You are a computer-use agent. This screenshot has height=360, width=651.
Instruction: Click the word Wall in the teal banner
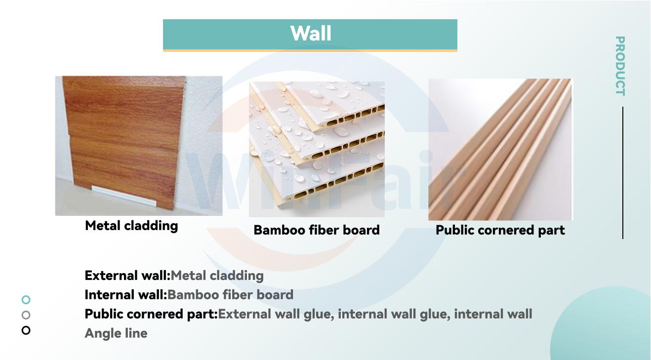point(311,34)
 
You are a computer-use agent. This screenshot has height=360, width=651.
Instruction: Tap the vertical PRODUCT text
point(620,66)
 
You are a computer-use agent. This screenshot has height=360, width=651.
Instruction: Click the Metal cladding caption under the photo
point(131,226)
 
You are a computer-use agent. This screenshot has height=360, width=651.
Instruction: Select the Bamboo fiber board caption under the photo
point(317,230)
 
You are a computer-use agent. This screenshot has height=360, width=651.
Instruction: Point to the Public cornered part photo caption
point(500,230)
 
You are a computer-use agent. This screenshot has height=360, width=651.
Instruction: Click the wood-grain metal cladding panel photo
point(139,146)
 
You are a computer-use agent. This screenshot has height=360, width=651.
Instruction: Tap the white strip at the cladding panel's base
point(124,196)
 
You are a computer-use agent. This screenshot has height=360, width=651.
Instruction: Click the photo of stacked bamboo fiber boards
point(317,149)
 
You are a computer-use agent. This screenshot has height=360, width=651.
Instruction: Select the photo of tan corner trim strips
point(500,149)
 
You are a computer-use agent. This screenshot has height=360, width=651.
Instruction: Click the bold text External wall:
point(127,276)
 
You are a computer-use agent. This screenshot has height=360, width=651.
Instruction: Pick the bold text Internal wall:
point(126,295)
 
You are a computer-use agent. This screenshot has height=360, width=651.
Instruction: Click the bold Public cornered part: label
point(151,314)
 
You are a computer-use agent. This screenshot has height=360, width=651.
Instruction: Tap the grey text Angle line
point(116,333)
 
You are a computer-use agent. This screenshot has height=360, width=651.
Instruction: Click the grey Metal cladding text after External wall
point(217,276)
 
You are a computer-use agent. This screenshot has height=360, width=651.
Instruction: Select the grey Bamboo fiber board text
point(230,295)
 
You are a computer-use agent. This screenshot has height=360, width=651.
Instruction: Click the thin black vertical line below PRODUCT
point(623,173)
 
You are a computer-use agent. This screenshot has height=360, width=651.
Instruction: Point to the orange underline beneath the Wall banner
point(310,50)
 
